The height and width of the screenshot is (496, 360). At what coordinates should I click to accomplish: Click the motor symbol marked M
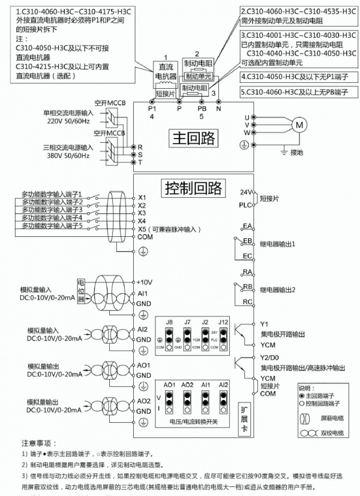(x=298, y=124)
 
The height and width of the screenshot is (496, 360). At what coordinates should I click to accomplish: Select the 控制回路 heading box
(x=193, y=188)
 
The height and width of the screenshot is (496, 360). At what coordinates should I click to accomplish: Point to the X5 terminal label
(x=143, y=229)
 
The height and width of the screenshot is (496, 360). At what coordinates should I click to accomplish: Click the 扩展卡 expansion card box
(x=244, y=414)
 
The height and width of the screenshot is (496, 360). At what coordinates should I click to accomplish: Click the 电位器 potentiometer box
(x=81, y=290)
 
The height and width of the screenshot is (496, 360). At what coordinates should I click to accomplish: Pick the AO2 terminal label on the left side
(x=144, y=400)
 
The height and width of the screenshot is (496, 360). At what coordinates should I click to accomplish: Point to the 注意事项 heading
(x=39, y=444)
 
